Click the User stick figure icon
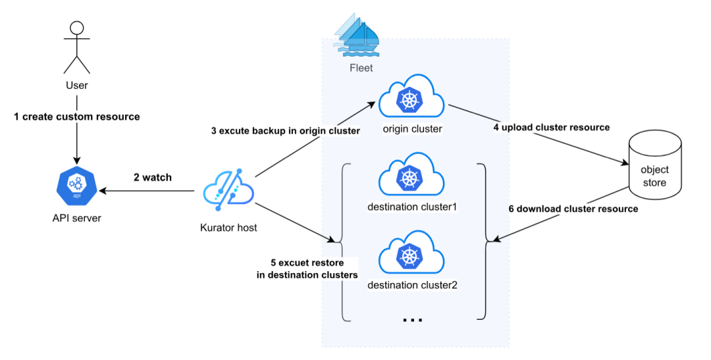[77, 47]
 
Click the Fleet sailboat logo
[356, 35]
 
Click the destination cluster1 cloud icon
[412, 176]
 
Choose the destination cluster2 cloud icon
[412, 254]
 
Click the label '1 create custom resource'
[77, 116]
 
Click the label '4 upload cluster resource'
[552, 127]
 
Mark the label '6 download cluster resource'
[573, 209]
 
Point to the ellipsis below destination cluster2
[412, 320]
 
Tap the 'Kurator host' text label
[228, 228]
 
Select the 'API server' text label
[77, 219]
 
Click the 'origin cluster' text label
[412, 128]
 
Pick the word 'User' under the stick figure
[77, 86]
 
